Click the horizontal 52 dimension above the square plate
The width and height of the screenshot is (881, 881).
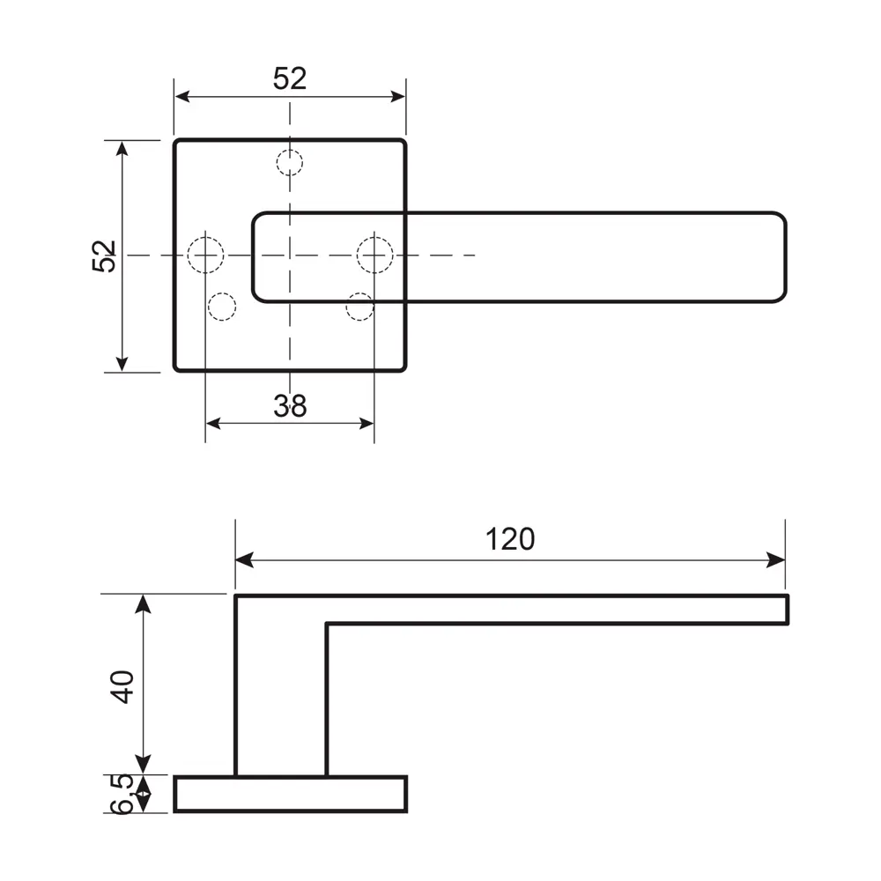tap(289, 78)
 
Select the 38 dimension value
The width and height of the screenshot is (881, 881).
tap(289, 406)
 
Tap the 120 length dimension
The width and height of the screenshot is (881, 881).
tap(510, 538)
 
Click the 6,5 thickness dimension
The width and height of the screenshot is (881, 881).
tap(122, 793)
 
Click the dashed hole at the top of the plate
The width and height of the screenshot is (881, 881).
tap(289, 162)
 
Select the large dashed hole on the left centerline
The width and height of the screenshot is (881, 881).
tap(205, 255)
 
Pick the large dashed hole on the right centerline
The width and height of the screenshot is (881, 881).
tap(374, 255)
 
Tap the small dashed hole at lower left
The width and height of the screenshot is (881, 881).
tap(221, 307)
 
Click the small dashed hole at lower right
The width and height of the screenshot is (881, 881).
tap(359, 307)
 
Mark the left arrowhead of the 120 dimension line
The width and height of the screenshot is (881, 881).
tap(243, 560)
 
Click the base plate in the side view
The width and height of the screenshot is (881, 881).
tap(291, 793)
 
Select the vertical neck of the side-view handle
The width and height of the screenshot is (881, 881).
tap(280, 696)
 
